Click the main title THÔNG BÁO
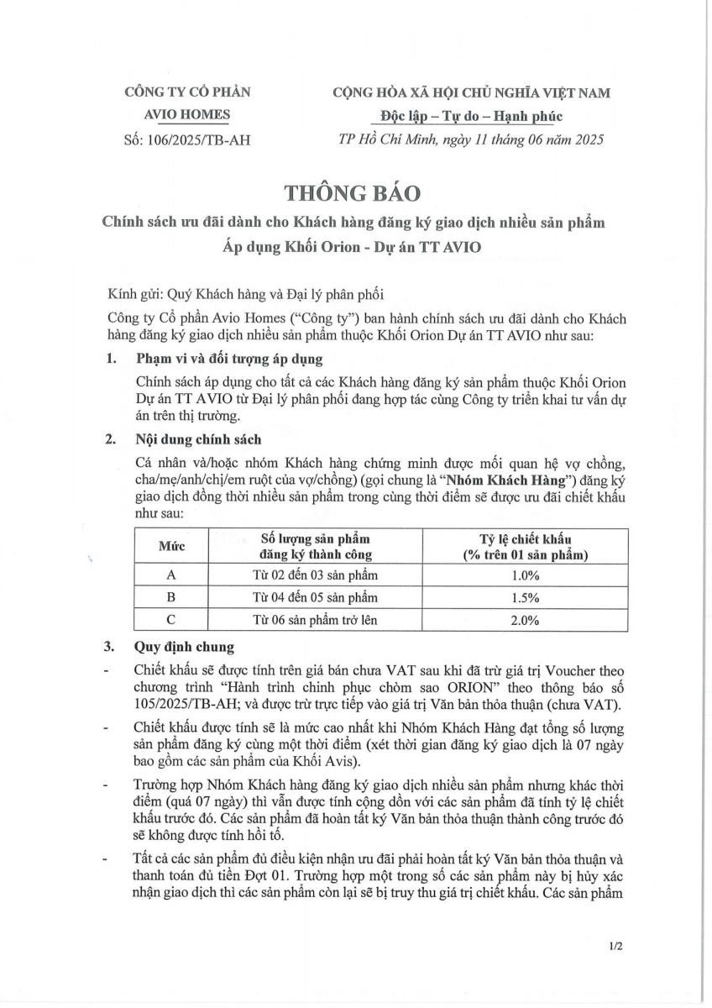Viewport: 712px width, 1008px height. [x=351, y=192]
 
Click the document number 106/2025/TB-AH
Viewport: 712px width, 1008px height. [x=199, y=137]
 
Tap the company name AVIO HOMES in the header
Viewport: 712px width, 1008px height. [x=186, y=115]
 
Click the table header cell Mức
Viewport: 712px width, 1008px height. [x=171, y=546]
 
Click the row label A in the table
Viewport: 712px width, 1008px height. [x=171, y=575]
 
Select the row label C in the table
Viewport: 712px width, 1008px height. [x=171, y=621]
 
